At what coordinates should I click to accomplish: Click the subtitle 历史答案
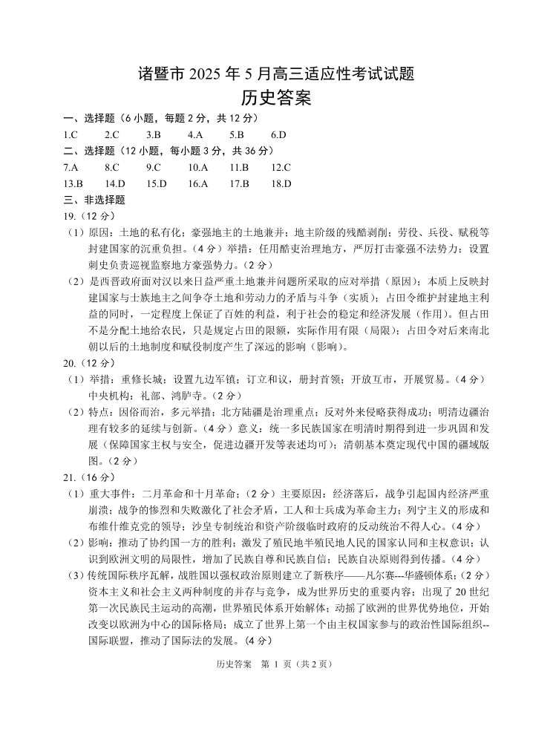pos(276,97)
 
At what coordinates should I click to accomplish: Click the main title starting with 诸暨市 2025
pos(276,74)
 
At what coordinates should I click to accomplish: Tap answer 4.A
pos(195,134)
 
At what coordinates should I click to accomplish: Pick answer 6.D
pos(278,134)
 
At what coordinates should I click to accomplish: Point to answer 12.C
pos(281,167)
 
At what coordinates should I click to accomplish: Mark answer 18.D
pos(281,183)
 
